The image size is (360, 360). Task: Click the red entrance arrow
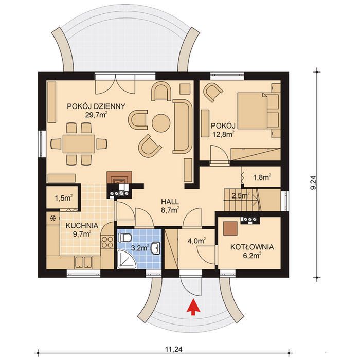pyautogui.click(x=193, y=307)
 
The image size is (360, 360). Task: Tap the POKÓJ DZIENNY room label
pyautogui.click(x=96, y=106)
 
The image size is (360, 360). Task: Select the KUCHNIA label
pyautogui.click(x=82, y=226)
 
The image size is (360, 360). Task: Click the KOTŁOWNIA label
pyautogui.click(x=252, y=247)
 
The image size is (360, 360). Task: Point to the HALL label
pyautogui.click(x=170, y=202)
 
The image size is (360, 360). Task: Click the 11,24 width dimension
pyautogui.click(x=173, y=349)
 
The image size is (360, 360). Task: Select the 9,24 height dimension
pyautogui.click(x=313, y=183)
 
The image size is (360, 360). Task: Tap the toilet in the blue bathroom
pyautogui.click(x=124, y=237)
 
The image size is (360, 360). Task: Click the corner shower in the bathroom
pyautogui.click(x=127, y=259)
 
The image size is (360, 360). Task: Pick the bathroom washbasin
pyautogui.click(x=156, y=248)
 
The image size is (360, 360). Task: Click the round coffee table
pyautogui.click(x=161, y=123)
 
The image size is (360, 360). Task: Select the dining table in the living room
pyautogui.click(x=79, y=144)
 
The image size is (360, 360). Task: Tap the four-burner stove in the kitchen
pyautogui.click(x=107, y=242)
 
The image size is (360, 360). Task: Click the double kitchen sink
pyautogui.click(x=83, y=262)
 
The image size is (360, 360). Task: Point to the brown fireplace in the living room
pyautogui.click(x=119, y=178)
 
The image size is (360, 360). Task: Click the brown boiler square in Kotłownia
pyautogui.click(x=230, y=229)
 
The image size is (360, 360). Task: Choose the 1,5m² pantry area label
pyautogui.click(x=64, y=198)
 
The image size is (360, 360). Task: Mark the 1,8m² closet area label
pyautogui.click(x=262, y=177)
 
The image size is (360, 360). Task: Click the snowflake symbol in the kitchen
pyautogui.click(x=53, y=218)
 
